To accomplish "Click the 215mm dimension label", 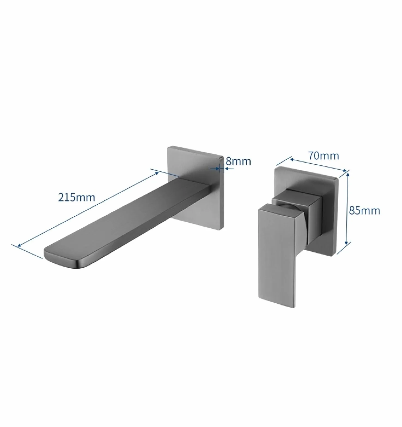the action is tap(77, 197).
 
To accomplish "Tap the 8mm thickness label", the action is tap(238, 161).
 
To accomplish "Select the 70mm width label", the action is tap(324, 156).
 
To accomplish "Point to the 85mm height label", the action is tap(364, 211).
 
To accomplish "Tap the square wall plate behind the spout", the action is tap(196, 188).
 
